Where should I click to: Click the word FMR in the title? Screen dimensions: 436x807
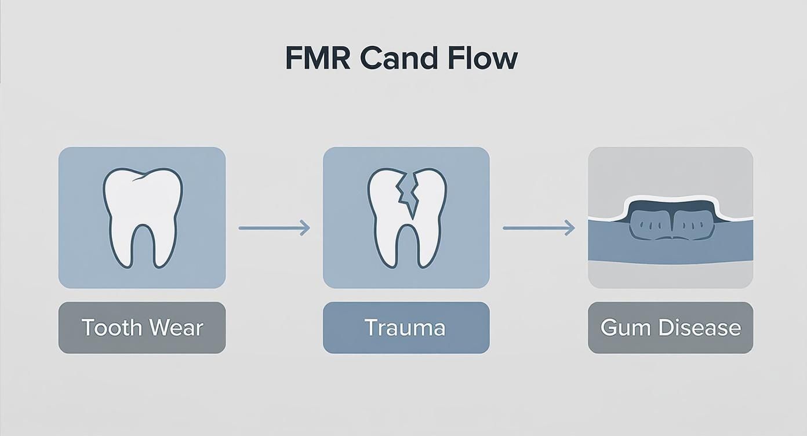click(x=317, y=59)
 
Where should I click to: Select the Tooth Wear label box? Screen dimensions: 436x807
click(x=142, y=328)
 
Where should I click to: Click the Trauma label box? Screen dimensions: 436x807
click(x=406, y=328)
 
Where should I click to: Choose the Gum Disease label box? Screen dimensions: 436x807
click(x=670, y=328)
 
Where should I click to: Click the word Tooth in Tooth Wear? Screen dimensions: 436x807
click(x=111, y=328)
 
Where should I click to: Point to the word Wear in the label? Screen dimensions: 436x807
click(x=175, y=328)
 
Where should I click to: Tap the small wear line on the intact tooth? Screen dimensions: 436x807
click(x=139, y=180)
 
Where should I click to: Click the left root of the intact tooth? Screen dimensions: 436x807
click(x=120, y=244)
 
